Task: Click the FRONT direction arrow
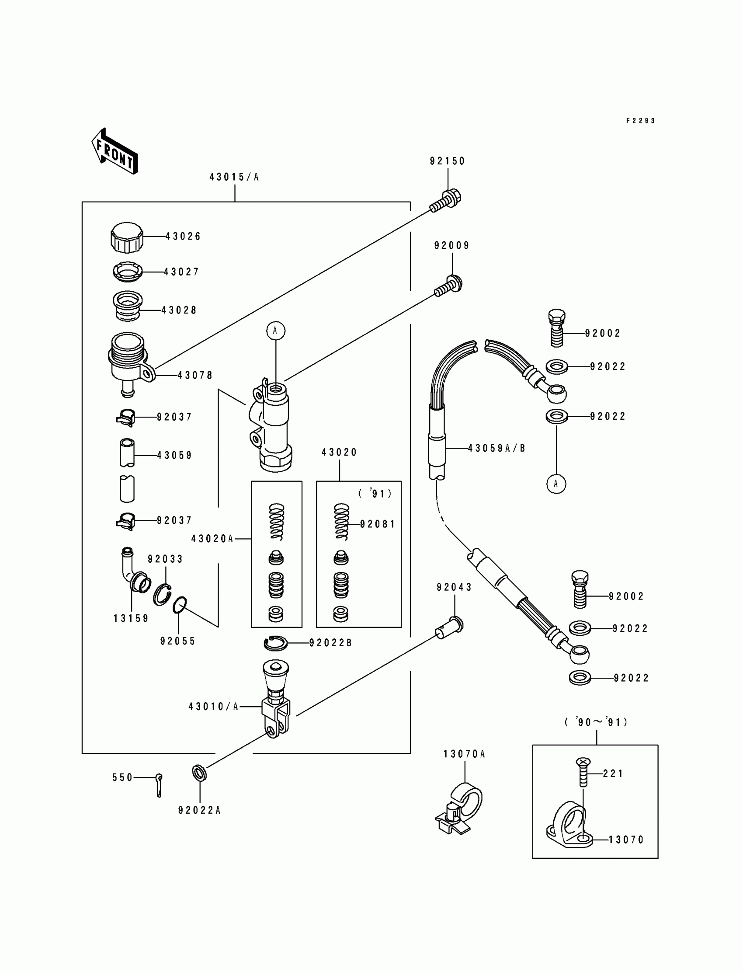(x=115, y=151)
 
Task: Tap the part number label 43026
(x=183, y=237)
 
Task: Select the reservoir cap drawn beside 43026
(x=127, y=237)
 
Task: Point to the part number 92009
(x=451, y=246)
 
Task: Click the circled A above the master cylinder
(x=275, y=331)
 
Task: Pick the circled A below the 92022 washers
(x=556, y=484)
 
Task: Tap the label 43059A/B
(x=496, y=448)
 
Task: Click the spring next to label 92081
(x=341, y=522)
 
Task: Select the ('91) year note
(x=375, y=494)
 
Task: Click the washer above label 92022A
(x=199, y=773)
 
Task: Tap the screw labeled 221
(x=583, y=772)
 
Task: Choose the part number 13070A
(x=464, y=754)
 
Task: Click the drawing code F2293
(x=641, y=121)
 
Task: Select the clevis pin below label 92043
(x=449, y=628)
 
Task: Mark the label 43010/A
(x=214, y=707)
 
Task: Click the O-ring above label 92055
(x=179, y=605)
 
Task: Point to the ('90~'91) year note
(x=596, y=722)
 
